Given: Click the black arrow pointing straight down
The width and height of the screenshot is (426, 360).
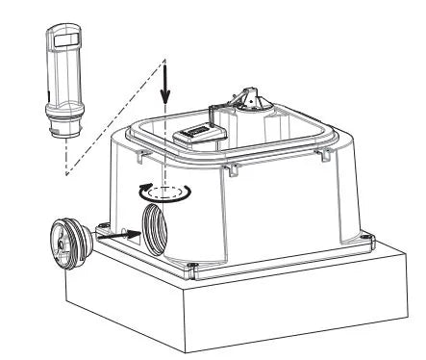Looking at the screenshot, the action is tap(165, 91).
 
